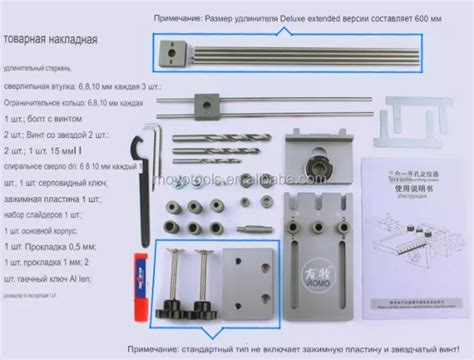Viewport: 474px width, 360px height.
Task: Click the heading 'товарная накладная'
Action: coord(50,43)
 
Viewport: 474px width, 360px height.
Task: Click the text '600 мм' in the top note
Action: coord(439,18)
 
